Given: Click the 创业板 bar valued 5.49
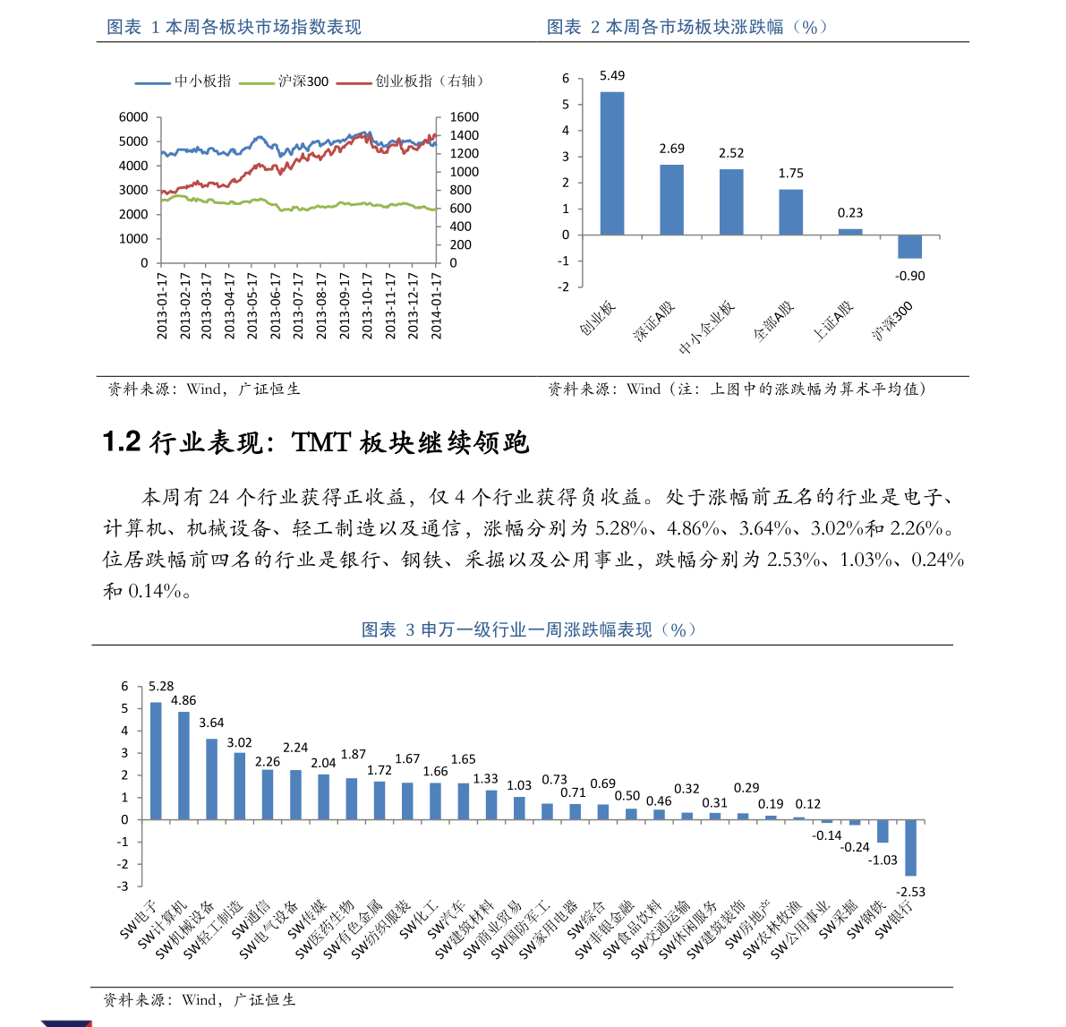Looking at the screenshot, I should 612,163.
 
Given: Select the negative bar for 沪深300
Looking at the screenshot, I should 909,246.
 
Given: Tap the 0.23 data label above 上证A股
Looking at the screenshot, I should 850,213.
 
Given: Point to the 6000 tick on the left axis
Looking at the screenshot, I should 133,117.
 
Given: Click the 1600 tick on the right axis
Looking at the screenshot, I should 465,117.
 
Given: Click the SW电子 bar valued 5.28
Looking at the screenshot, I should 156,760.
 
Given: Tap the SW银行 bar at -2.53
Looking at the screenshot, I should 910,847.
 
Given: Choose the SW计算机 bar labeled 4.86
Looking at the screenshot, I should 183,766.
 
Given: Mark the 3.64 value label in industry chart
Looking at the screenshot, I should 211,723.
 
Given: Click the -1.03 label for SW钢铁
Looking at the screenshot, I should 883,860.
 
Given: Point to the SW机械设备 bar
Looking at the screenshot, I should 212,779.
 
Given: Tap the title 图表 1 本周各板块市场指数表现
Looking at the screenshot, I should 234,28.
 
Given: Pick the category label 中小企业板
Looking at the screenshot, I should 707,329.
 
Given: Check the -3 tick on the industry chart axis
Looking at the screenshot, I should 124,886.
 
